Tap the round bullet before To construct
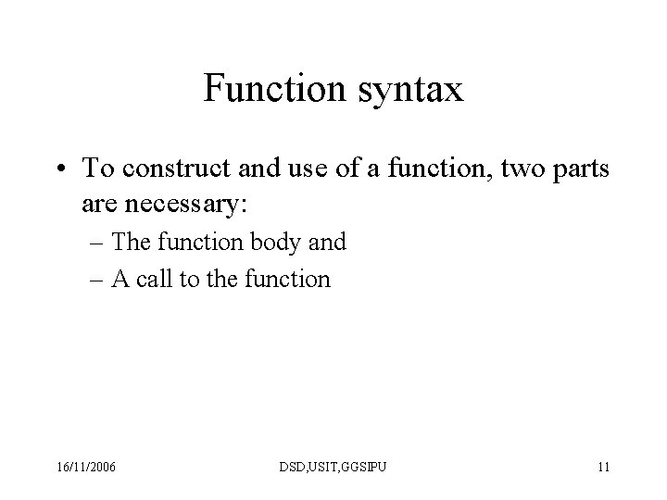pos(62,169)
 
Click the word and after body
pos(328,243)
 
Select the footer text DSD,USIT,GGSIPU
pos(333,467)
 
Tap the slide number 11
pos(603,467)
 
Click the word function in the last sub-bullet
pos(291,279)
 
